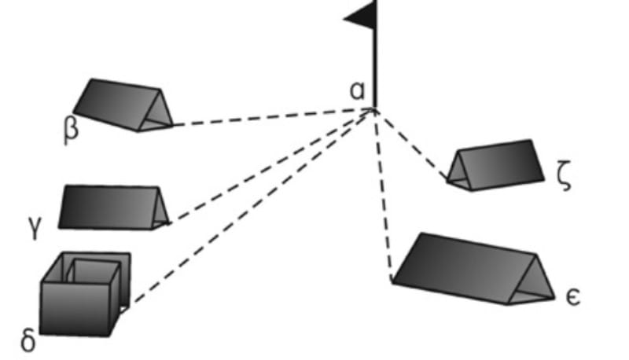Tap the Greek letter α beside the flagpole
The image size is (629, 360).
[359, 91]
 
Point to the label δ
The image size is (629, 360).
[28, 343]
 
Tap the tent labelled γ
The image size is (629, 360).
[110, 207]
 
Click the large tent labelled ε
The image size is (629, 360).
[472, 267]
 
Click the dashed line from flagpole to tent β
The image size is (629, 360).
[267, 117]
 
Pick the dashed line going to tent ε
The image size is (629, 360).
[383, 197]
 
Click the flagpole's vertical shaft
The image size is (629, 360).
[375, 71]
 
